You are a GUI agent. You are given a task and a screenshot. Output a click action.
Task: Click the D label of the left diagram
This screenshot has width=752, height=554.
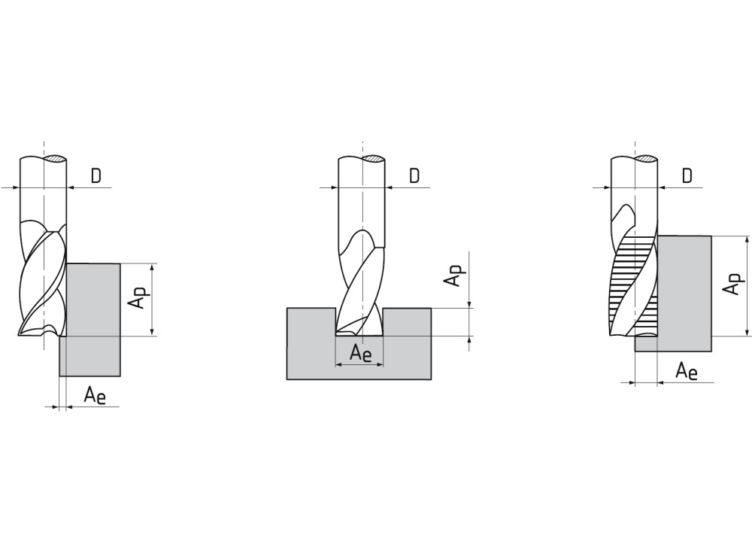pyautogui.click(x=96, y=176)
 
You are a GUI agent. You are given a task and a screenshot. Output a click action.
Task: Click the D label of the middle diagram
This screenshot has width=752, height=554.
pyautogui.click(x=414, y=176)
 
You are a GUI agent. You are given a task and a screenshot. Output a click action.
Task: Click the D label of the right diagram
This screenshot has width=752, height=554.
pyautogui.click(x=687, y=176)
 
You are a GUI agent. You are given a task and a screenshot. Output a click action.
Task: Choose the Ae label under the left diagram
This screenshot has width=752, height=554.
pyautogui.click(x=95, y=396)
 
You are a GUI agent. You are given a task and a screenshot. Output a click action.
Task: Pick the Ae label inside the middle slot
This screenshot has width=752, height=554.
pyautogui.click(x=361, y=353)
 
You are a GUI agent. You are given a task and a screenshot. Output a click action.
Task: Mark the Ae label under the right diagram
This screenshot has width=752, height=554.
pyautogui.click(x=687, y=372)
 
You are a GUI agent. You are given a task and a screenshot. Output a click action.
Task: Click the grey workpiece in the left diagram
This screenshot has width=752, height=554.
pyautogui.click(x=91, y=319)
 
